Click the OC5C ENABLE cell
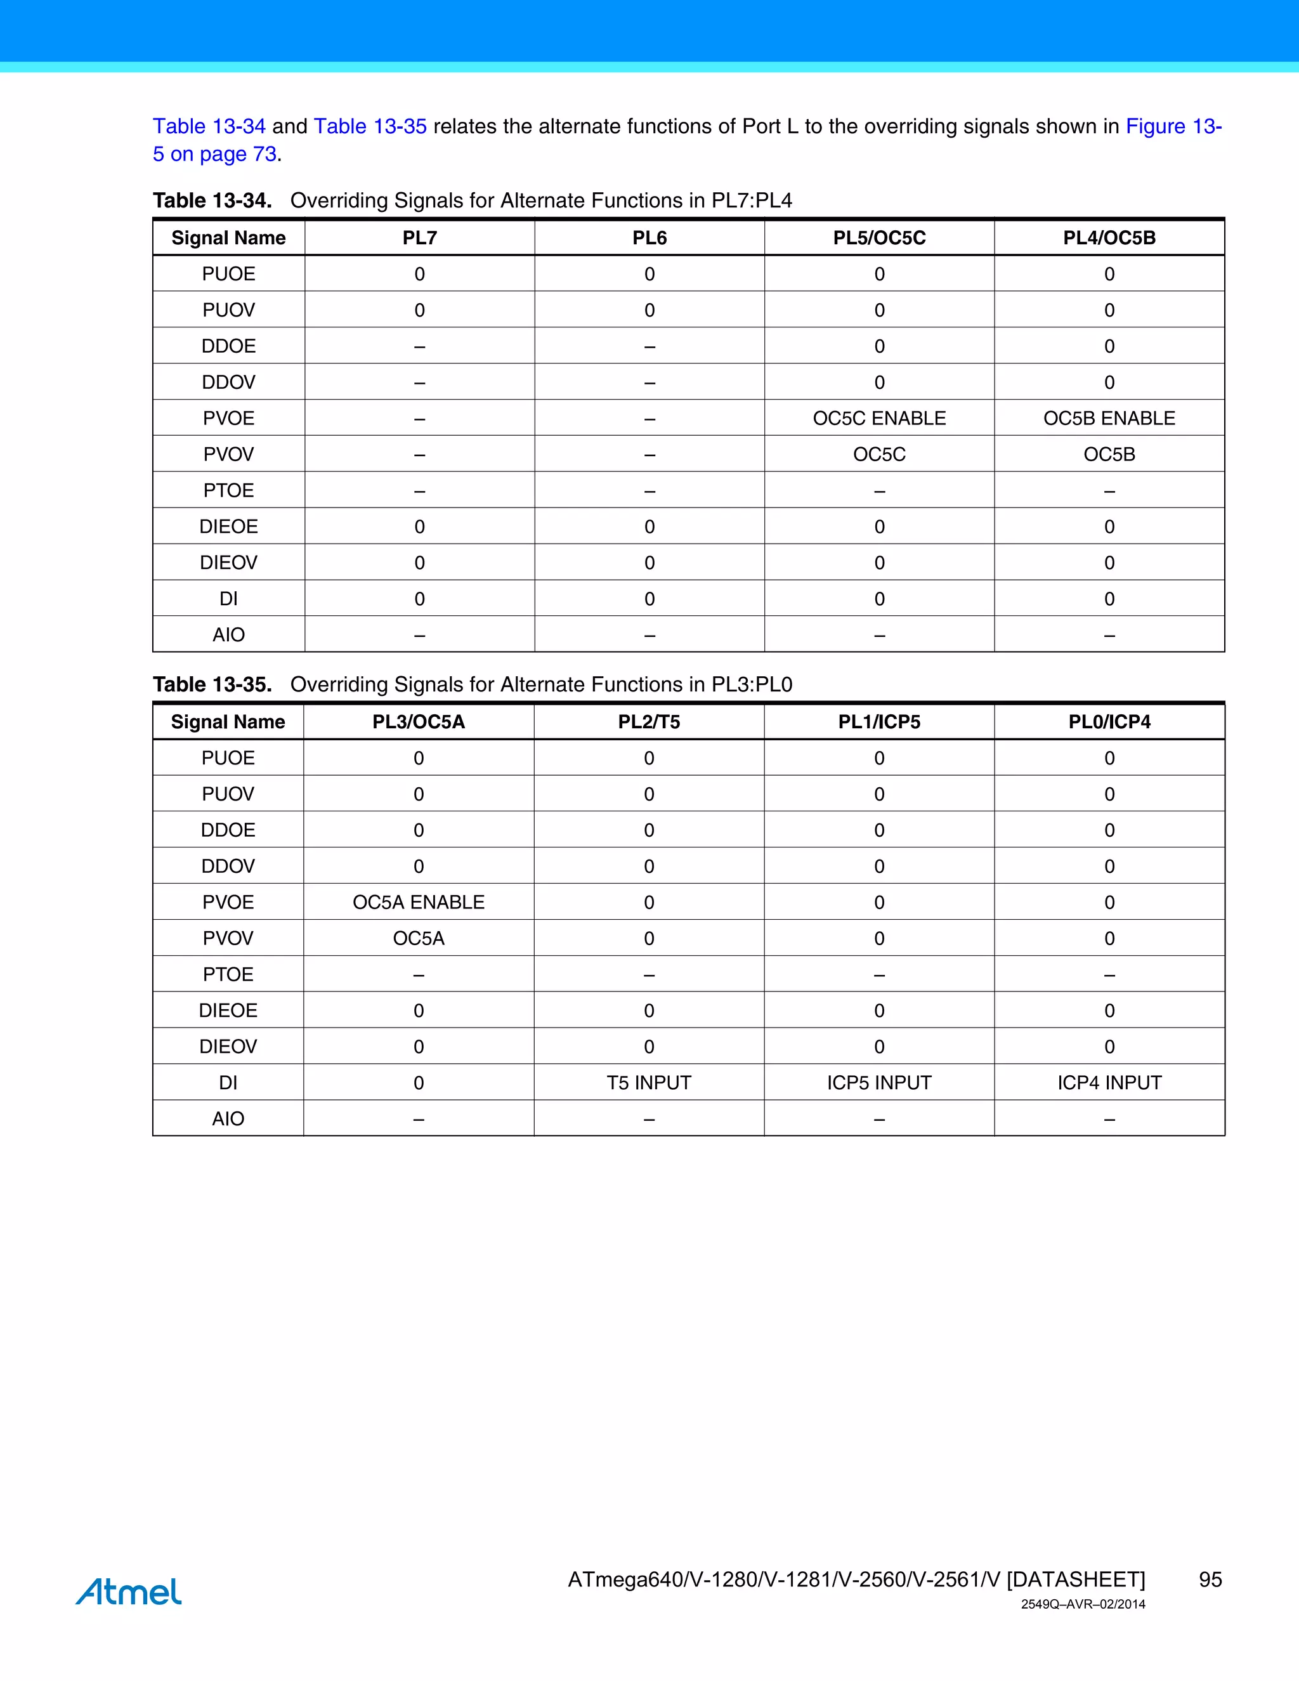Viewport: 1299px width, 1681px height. pos(879,418)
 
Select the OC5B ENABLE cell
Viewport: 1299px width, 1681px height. pos(1109,418)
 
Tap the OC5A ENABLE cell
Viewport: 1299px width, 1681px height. pos(419,902)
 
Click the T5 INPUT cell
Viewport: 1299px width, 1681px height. pos(649,1082)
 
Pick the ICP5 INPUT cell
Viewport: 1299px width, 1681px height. pos(879,1082)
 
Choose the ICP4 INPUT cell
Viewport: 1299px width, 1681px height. pos(1109,1082)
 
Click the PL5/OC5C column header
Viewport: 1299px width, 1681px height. pos(879,238)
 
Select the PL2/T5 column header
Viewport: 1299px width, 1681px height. pos(649,722)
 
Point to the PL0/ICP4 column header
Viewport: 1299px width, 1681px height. pos(1109,722)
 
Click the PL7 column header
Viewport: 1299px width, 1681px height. pos(419,238)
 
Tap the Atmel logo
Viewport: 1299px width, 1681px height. pos(129,1591)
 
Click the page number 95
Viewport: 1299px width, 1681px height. pos(1210,1580)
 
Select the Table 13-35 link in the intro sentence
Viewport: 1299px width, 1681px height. pos(370,126)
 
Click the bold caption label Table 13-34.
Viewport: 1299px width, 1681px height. pos(212,201)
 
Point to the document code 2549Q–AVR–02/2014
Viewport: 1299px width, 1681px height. pos(1083,1604)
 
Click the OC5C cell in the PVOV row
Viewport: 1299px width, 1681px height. pos(879,454)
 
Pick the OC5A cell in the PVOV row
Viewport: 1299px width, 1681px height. pos(419,938)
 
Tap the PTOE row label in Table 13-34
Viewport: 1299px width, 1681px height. pos(228,490)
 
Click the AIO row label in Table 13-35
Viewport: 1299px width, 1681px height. pos(228,1118)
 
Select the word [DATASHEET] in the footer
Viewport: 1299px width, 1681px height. pos(1075,1580)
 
